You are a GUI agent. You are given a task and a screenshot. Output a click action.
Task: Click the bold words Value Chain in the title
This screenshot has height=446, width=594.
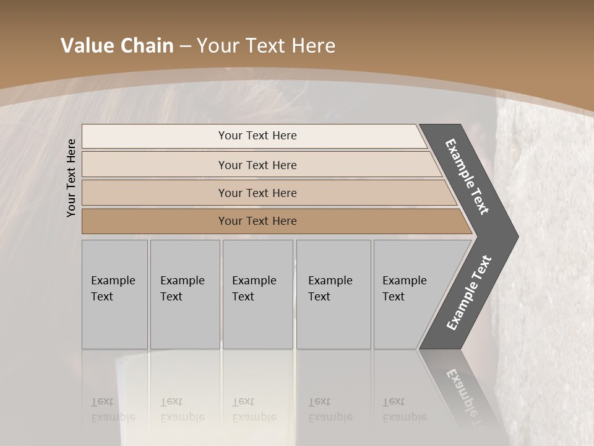pyautogui.click(x=117, y=46)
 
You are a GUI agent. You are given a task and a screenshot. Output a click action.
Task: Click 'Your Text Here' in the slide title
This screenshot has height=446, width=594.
pyautogui.click(x=266, y=46)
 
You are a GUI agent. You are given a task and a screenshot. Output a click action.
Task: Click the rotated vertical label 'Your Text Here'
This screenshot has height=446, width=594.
pyautogui.click(x=71, y=178)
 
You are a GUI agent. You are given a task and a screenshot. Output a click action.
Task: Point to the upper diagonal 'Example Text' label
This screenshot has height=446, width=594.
pyautogui.click(x=468, y=177)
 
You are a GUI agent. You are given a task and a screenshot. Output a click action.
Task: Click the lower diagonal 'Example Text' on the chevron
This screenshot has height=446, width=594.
pyautogui.click(x=469, y=292)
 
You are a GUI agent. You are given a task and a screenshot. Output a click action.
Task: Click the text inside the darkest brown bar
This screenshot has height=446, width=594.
pyautogui.click(x=257, y=221)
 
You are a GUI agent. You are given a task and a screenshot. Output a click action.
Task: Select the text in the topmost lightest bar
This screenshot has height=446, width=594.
pyautogui.click(x=257, y=136)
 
